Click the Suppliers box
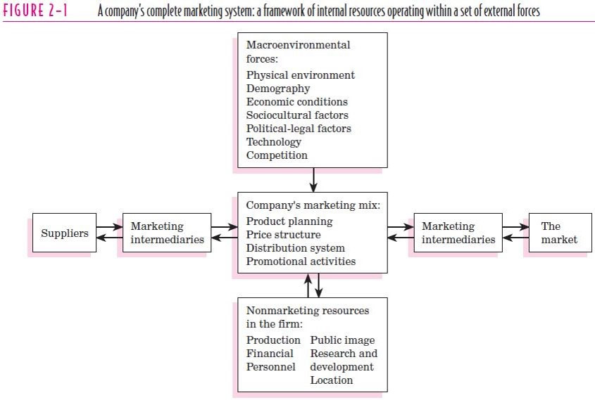click(65, 233)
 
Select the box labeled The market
click(560, 233)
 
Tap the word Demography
click(278, 89)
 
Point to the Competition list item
click(277, 155)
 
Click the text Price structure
click(284, 235)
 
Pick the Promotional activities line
click(301, 262)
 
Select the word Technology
click(274, 142)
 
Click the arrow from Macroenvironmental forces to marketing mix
click(313, 179)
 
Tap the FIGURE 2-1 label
click(35, 11)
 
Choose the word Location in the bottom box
click(331, 380)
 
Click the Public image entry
click(342, 340)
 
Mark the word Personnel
click(270, 367)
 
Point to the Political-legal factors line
click(299, 129)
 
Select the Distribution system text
click(296, 248)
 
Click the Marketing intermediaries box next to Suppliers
click(167, 233)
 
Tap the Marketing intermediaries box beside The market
click(458, 233)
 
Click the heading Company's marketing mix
click(313, 205)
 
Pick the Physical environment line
click(301, 75)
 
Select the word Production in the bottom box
click(273, 340)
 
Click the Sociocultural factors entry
click(297, 115)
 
